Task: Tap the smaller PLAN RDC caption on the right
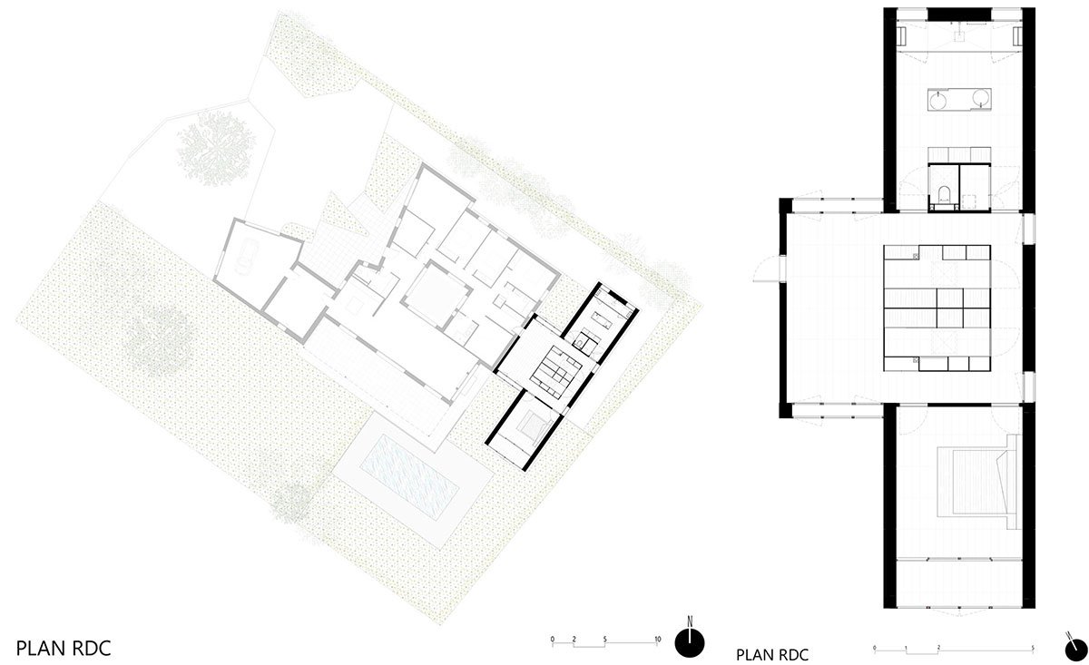[x=771, y=653]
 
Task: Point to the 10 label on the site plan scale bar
[x=656, y=641]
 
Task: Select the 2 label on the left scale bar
[x=574, y=641]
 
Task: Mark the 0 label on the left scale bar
[x=553, y=641]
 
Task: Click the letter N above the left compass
[x=691, y=623]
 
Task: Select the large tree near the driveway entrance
[x=216, y=150]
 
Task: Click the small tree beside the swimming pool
[x=292, y=501]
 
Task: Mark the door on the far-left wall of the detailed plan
[x=767, y=269]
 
